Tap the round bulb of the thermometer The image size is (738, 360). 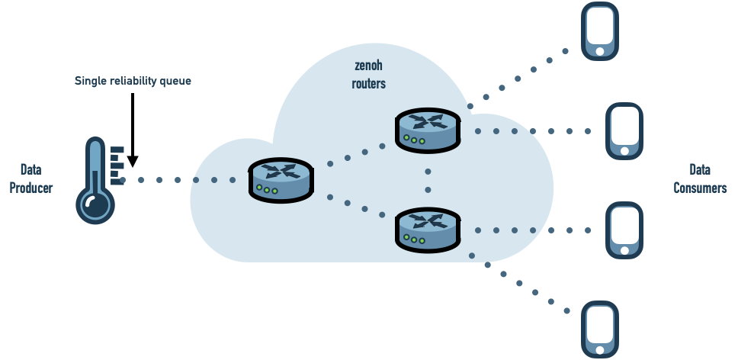[x=95, y=204]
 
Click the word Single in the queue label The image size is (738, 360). [x=91, y=81]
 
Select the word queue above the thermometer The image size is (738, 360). [x=175, y=81]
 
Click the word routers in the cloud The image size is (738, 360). [x=368, y=84]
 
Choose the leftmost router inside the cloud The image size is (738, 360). [x=281, y=180]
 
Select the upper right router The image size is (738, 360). [x=428, y=130]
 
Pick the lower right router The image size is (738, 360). [x=428, y=230]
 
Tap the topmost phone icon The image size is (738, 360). [x=600, y=31]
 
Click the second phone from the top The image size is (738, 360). [x=624, y=130]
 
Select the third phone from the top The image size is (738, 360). [x=624, y=230]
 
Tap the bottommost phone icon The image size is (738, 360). [x=600, y=329]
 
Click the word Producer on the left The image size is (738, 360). [x=31, y=188]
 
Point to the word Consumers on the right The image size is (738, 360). [x=700, y=188]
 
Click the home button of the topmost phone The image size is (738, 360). [x=600, y=52]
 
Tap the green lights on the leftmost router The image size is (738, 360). [x=266, y=189]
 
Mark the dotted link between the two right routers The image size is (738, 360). [x=428, y=180]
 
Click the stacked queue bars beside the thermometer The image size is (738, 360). [x=117, y=166]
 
